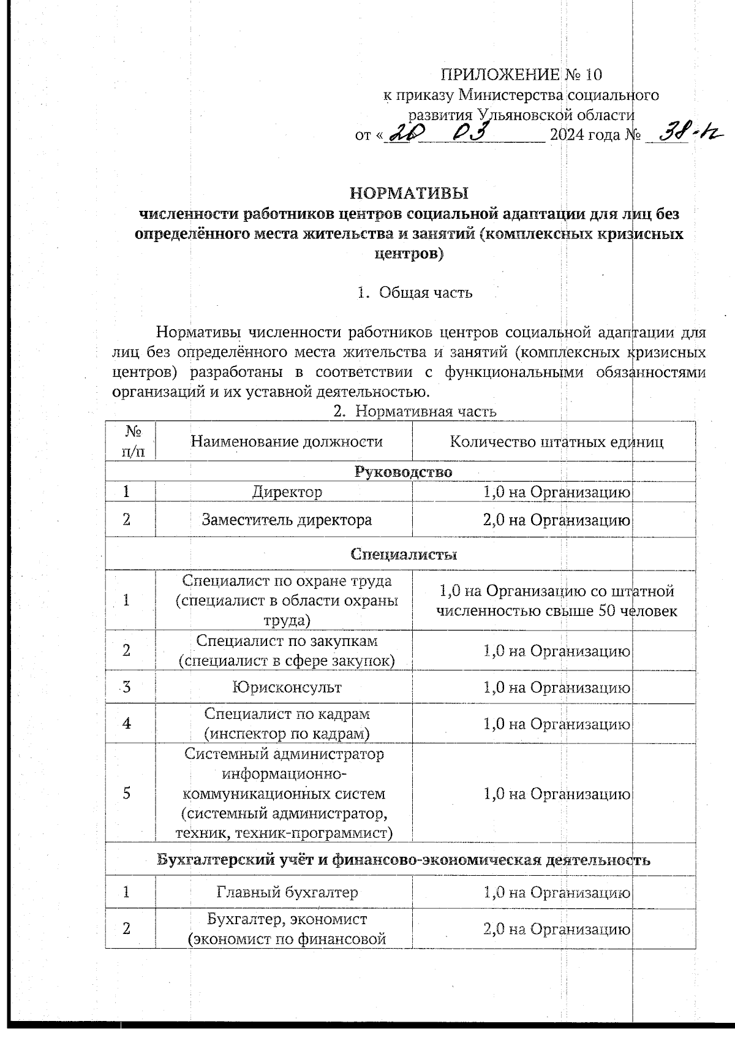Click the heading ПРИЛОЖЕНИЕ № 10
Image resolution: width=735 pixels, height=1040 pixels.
click(521, 75)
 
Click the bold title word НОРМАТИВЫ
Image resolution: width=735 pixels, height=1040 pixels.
click(409, 194)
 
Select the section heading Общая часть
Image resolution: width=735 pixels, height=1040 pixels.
click(426, 292)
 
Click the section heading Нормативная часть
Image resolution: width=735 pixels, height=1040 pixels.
click(426, 412)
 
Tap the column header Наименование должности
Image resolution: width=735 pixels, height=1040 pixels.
click(287, 441)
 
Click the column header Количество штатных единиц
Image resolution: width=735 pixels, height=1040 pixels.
click(556, 442)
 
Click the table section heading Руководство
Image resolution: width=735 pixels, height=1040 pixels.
click(404, 472)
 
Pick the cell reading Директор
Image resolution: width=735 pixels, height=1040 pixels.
click(287, 492)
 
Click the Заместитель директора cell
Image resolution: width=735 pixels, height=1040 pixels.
click(287, 520)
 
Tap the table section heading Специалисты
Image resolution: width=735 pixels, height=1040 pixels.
click(404, 554)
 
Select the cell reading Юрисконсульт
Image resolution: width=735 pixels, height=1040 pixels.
click(287, 687)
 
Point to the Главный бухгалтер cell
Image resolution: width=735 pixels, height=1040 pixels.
click(287, 892)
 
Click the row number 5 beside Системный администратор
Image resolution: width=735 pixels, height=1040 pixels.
click(126, 793)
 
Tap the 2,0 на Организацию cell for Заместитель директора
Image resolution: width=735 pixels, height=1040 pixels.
click(556, 520)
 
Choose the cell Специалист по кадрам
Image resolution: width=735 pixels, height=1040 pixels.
click(287, 724)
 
